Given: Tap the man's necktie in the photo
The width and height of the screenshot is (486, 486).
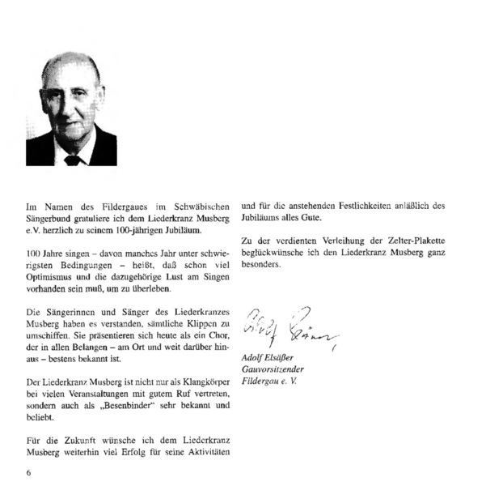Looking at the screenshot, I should (x=72, y=160).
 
